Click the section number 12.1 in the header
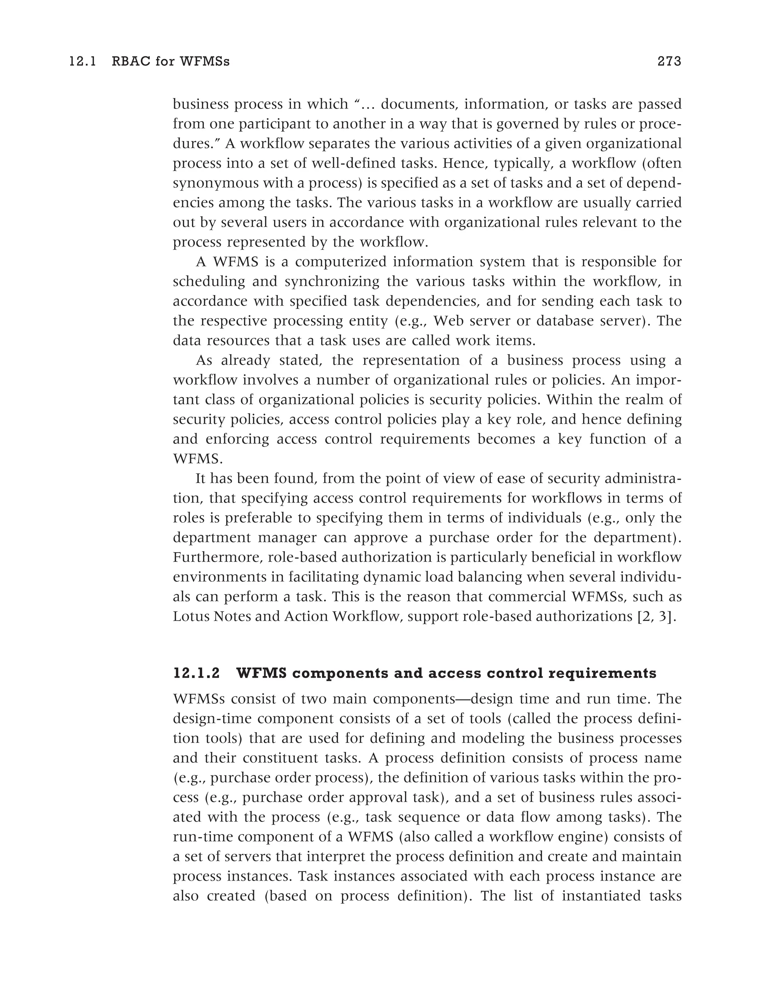click(83, 62)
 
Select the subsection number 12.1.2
click(197, 673)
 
